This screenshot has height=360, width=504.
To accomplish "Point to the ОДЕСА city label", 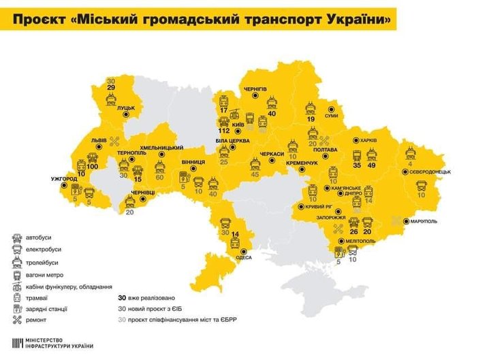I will (243, 257).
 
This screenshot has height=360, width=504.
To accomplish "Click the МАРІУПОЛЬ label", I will (423, 221).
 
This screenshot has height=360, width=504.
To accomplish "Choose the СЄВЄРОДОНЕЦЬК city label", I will (432, 172).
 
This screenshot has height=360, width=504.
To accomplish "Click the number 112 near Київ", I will (223, 131).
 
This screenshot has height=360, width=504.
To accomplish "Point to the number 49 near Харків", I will (372, 165).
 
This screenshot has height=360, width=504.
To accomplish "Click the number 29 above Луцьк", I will (111, 87).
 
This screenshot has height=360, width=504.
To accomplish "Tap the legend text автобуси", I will (40, 237).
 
